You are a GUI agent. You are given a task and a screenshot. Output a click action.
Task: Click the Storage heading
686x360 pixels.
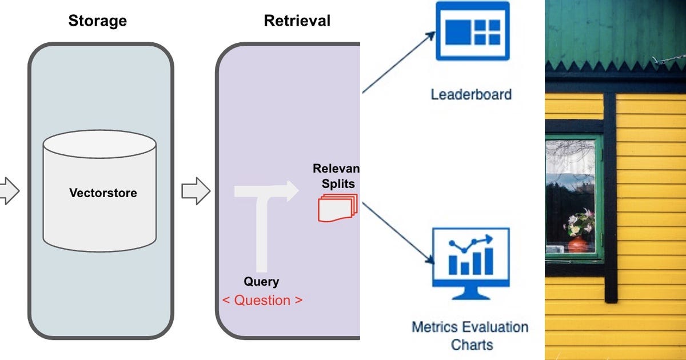[x=97, y=21]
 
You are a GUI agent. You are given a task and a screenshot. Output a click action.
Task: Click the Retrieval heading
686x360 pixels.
[x=297, y=21]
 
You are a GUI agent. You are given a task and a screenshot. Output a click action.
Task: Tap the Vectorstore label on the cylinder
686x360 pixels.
[x=103, y=193]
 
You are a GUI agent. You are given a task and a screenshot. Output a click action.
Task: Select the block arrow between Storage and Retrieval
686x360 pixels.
[x=196, y=191]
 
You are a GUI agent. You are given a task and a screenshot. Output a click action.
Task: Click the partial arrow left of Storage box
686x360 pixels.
[x=9, y=191]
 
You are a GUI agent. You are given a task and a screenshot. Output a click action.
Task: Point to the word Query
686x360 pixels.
[x=261, y=282]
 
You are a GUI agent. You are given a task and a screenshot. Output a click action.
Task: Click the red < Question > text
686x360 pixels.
[x=262, y=301]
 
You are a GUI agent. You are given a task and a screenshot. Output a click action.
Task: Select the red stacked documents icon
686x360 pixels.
[x=337, y=208]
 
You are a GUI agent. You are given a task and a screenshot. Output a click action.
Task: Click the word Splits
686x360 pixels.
[x=338, y=183]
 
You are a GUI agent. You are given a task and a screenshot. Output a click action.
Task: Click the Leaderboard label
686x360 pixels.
[x=471, y=94]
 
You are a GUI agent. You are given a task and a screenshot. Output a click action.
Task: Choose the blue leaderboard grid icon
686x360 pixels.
[x=473, y=31]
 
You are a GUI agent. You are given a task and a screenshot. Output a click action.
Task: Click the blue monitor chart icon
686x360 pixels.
[x=470, y=263]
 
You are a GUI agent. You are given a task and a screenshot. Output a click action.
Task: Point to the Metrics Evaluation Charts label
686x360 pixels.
[x=470, y=336]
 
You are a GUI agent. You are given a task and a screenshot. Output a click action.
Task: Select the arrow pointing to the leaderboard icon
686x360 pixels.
[x=399, y=62]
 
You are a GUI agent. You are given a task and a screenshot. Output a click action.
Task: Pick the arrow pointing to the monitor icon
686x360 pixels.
[x=398, y=233]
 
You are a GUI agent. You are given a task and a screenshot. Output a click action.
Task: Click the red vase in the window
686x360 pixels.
[x=578, y=245]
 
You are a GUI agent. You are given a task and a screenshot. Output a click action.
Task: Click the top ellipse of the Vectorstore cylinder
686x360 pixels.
[x=99, y=144]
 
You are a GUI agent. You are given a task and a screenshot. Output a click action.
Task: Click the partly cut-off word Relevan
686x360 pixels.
[x=336, y=169]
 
